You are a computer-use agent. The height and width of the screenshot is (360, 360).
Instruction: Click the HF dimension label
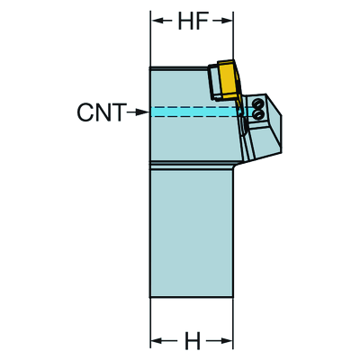(x=193, y=21)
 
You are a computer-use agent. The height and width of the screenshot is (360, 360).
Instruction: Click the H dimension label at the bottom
(x=192, y=341)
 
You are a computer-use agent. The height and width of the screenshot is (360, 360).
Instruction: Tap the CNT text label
(x=101, y=112)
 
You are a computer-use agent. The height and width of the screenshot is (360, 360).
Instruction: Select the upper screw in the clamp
(x=256, y=103)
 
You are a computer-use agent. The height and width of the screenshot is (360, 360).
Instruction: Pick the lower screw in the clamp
(x=256, y=114)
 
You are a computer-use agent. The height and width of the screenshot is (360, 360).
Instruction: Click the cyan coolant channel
(x=201, y=112)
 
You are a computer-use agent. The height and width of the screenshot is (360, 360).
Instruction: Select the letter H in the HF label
(x=185, y=21)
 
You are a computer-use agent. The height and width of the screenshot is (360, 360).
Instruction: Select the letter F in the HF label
(x=202, y=21)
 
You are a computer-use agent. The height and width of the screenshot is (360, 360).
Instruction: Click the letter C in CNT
(x=85, y=112)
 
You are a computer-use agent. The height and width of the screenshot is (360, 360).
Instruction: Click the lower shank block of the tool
(x=192, y=233)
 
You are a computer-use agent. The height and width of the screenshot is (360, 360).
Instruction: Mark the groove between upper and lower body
(x=192, y=165)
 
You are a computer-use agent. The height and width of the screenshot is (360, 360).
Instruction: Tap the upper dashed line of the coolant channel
(x=201, y=107)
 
